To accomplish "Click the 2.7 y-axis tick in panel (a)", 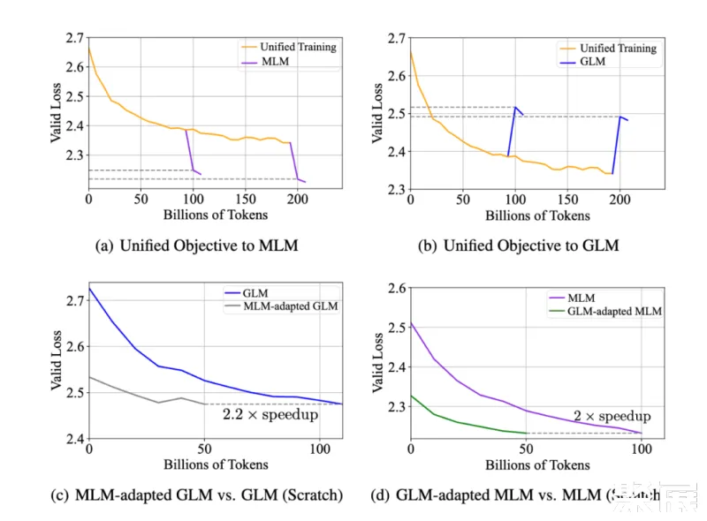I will pos(72,38).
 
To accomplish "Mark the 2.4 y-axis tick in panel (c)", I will pos(72,439).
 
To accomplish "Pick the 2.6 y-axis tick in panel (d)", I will pos(394,288).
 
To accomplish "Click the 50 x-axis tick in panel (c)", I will pos(205,449).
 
